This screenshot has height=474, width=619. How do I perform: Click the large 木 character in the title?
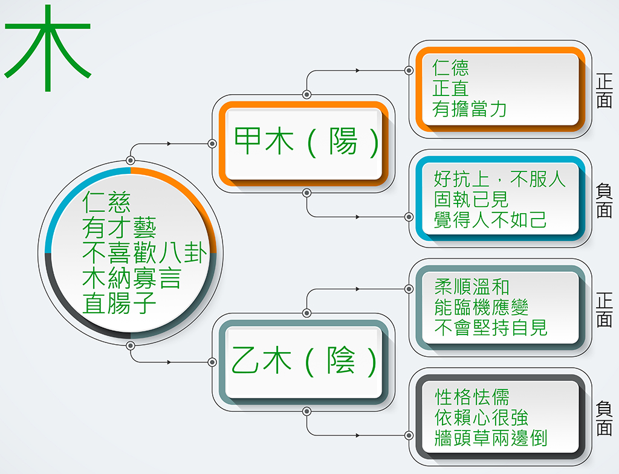pos(48,48)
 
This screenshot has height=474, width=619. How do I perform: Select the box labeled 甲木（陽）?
pos(303,144)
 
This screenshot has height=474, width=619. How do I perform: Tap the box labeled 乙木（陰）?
pos(303,362)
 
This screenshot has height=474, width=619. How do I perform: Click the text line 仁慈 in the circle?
pos(106,202)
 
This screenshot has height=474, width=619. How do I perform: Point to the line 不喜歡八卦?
pos(144,253)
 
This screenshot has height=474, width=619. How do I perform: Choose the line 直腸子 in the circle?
pos(119,303)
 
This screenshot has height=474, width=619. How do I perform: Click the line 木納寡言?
pos(131,278)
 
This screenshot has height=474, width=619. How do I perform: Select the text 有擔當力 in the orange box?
pos(469,109)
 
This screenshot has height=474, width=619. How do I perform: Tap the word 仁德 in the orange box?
pos(450,68)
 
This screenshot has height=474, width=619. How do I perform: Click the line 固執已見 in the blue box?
pos(471,199)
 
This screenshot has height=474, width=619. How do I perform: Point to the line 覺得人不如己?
pos(490,220)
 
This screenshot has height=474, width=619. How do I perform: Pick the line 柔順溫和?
pos(472,287)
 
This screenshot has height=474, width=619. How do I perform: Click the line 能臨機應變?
pos(481,307)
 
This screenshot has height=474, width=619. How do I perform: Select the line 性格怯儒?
pos(472,397)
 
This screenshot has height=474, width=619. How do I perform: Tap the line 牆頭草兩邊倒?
pos(491,438)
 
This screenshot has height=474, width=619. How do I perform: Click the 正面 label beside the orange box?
pos(604,91)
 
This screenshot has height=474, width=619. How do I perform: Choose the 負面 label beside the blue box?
pos(604,200)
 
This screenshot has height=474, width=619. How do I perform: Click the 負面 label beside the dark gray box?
pos(604,418)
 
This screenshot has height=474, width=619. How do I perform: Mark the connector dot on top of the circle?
pos(131,161)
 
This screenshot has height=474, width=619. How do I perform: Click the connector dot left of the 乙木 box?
pos(212,362)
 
